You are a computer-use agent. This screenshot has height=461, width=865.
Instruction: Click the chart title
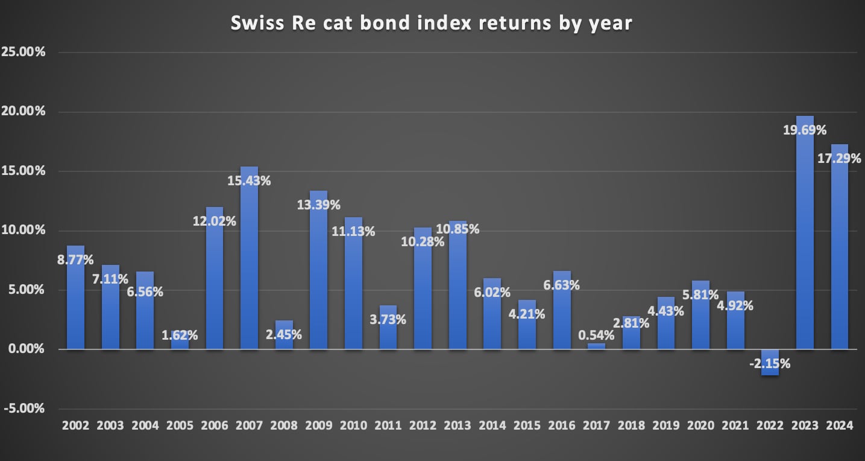point(432,24)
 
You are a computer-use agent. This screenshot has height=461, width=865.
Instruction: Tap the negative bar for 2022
point(770,362)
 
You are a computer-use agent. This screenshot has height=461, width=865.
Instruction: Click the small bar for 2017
point(596,346)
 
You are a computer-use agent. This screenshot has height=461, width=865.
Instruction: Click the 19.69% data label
point(805,130)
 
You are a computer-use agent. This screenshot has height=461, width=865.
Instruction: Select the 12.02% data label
point(214,221)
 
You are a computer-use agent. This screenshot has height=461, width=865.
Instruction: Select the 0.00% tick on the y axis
point(26,349)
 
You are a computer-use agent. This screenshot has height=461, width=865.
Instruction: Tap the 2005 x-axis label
point(180,425)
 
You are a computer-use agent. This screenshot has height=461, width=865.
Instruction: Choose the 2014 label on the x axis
point(492,425)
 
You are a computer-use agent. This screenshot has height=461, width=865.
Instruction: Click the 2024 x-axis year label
point(840,425)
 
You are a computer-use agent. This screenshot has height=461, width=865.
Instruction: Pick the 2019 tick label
point(666,425)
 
